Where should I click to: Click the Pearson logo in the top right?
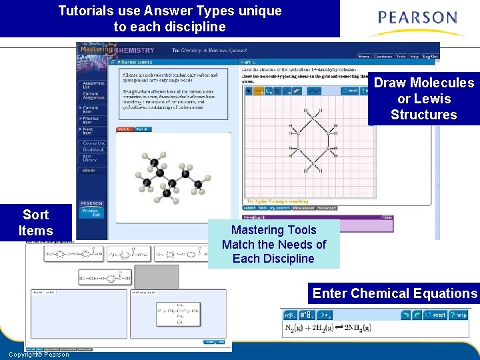417,22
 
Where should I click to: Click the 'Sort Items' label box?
36,223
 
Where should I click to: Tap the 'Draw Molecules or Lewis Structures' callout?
423,99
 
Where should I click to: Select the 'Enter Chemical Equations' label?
395,293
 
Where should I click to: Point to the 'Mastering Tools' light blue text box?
273,244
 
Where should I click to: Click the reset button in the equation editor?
434,315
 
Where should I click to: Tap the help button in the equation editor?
459,315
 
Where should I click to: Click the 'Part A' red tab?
125,129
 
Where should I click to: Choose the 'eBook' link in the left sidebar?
89,171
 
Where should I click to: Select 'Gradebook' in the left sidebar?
91,150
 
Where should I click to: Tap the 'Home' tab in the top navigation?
364,57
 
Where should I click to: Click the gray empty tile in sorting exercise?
152,275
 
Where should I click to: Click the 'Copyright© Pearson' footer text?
39,355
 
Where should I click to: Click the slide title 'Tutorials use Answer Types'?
170,19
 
